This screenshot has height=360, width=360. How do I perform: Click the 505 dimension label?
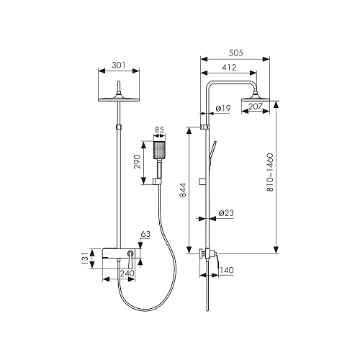235,53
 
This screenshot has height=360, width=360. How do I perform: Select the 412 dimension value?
229,67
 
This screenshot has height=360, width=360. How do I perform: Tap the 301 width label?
119,65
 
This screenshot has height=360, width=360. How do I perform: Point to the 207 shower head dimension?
256,106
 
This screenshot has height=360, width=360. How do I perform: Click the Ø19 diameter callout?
223,108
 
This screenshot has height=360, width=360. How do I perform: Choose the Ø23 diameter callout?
226,213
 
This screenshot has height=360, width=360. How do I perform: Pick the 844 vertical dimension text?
183,190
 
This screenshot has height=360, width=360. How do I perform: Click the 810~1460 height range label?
270,172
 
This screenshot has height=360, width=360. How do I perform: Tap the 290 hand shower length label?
137,161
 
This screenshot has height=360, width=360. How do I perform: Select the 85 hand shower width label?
159,130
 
